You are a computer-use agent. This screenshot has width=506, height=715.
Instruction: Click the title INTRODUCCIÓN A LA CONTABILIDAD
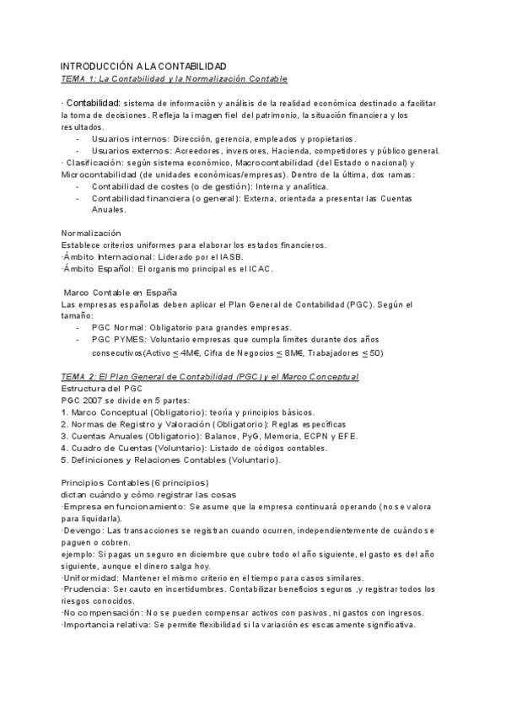tap(143, 66)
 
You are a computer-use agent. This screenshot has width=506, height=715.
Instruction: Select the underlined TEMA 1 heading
tap(175, 78)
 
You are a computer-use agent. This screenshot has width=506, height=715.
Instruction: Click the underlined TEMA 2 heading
tap(210, 376)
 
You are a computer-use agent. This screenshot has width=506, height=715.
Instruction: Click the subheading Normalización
tap(91, 233)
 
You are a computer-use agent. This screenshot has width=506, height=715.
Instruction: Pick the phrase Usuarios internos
tap(126, 138)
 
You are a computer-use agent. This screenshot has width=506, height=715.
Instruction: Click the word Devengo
tap(82, 530)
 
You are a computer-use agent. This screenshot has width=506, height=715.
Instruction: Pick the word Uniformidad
tap(89, 577)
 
